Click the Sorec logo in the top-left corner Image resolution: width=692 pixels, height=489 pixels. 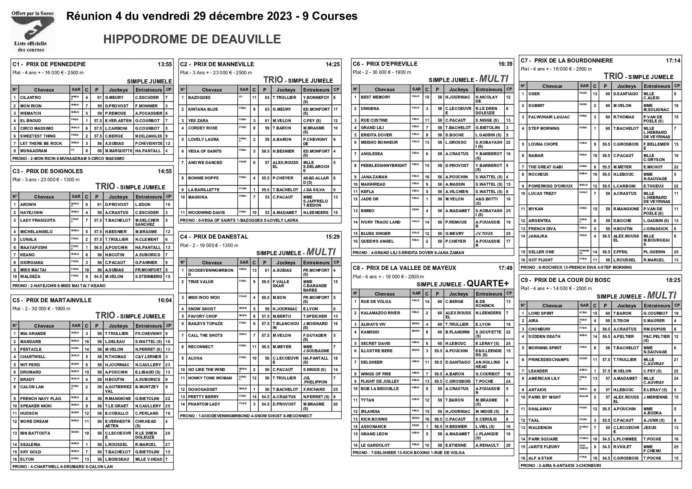point(33,32)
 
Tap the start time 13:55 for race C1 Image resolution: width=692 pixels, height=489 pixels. point(165,64)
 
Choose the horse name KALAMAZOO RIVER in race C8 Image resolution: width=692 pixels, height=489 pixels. point(380,313)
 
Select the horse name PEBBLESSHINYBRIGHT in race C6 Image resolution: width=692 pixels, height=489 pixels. point(384,166)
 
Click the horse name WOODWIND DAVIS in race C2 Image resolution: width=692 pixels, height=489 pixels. point(206,213)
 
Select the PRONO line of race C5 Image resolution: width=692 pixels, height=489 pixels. point(62,467)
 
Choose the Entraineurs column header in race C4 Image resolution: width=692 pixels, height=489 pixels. point(316,263)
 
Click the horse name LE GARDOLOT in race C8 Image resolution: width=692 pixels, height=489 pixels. point(375,445)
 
